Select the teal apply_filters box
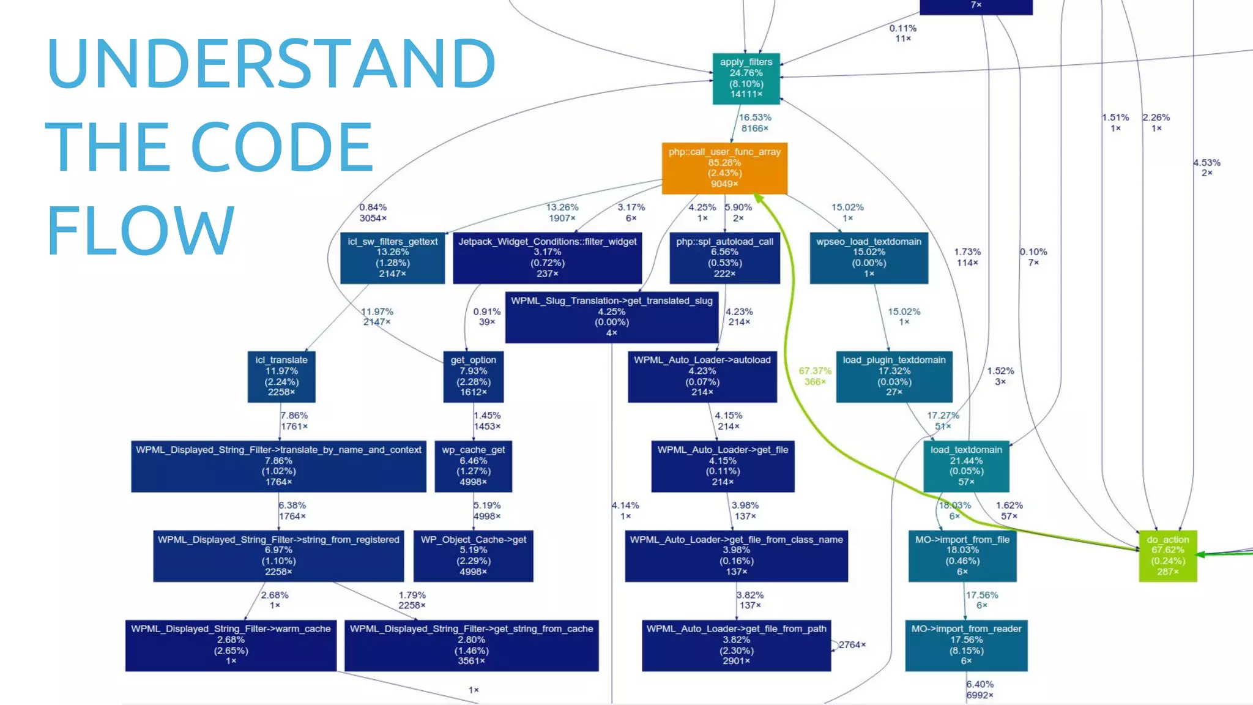[x=746, y=78]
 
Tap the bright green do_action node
[x=1167, y=556]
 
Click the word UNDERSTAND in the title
[x=270, y=64]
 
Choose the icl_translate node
[x=281, y=376]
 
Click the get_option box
[x=474, y=376]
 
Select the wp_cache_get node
[x=473, y=466]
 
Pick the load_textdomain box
[x=966, y=466]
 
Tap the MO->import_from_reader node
[x=966, y=645]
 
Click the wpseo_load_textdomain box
[x=869, y=258]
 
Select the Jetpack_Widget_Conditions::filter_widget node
[x=547, y=258]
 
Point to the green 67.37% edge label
[x=815, y=376]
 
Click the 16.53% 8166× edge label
[x=755, y=122]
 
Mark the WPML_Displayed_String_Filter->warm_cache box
[x=231, y=645]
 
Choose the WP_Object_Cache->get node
[x=473, y=556]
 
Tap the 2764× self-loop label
[x=852, y=644]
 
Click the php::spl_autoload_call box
[x=724, y=258]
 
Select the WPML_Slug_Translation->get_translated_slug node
[x=612, y=317]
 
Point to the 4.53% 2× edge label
[x=1207, y=167]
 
